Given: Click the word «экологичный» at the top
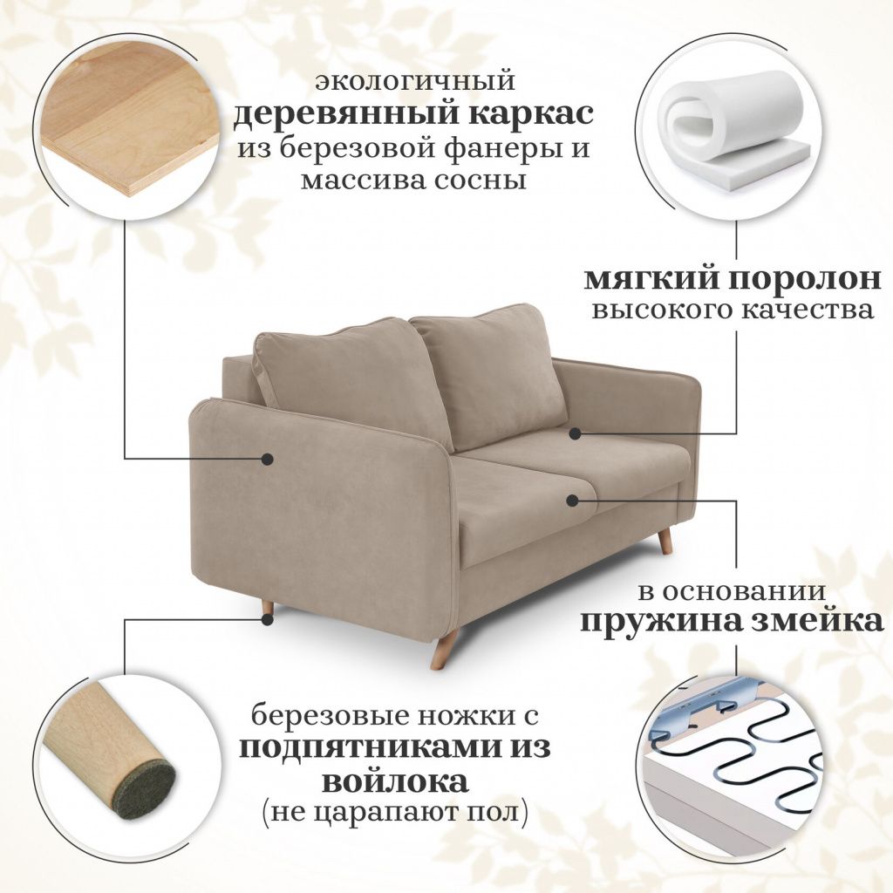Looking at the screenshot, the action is pos(415,81).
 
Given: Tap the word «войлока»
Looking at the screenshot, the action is pos(395,781).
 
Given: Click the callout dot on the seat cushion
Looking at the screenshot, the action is pos(573,500).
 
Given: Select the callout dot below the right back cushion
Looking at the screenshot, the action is pos(576,434).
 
